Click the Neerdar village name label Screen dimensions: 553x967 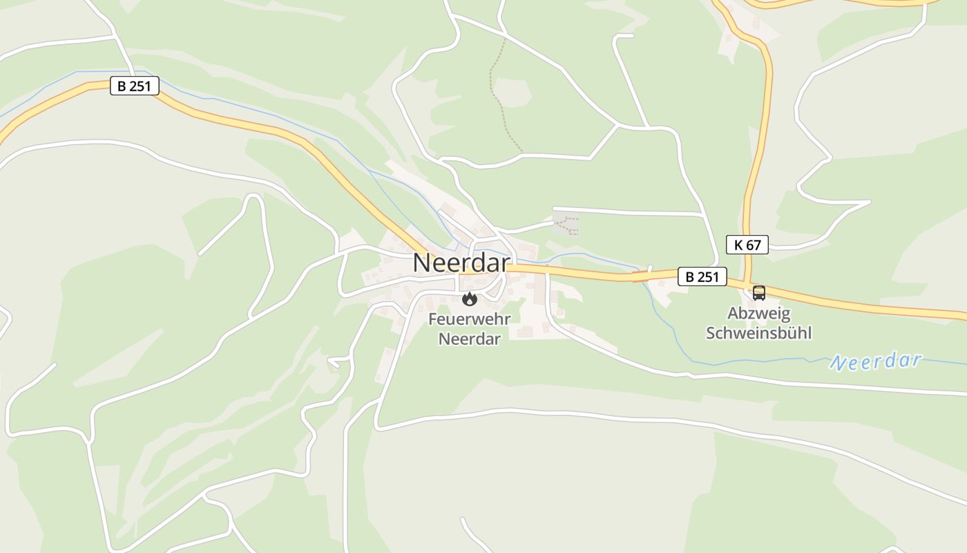click(461, 263)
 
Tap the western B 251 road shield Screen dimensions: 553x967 click(135, 86)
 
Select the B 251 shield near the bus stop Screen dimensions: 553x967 click(702, 276)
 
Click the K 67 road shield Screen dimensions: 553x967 click(747, 244)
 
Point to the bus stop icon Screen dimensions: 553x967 click(758, 292)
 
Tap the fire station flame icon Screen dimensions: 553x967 click(470, 299)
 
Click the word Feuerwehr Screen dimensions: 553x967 click(469, 319)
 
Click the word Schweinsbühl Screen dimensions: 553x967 click(758, 332)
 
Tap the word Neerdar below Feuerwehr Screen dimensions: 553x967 click(469, 339)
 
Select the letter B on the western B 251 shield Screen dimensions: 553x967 click(122, 86)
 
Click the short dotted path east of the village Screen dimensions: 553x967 click(568, 224)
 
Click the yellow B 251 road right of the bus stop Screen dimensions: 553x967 click(863, 305)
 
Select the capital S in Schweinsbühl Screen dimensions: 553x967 click(710, 332)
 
